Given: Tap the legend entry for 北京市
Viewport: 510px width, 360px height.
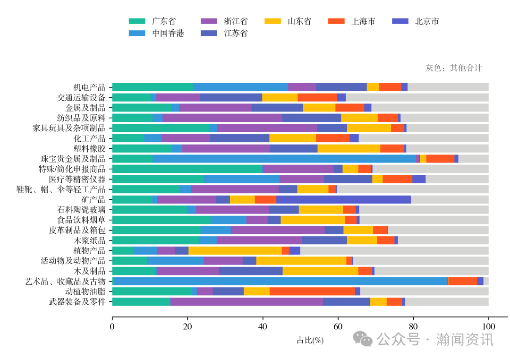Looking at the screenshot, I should pos(415,21).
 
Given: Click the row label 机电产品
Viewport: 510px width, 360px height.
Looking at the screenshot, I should pos(90,87).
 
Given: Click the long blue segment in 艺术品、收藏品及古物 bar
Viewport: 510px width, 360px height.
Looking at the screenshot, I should pos(281,281).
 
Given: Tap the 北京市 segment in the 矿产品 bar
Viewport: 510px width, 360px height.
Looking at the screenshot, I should pos(343,199).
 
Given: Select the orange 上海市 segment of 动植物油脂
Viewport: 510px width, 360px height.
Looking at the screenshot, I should pos(312,291).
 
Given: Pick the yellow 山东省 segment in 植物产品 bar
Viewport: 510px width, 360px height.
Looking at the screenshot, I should pos(235,250).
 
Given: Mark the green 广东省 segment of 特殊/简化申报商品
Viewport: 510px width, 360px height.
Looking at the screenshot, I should pos(187,169).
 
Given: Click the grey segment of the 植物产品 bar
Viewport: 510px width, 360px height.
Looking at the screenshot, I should pos(394,250).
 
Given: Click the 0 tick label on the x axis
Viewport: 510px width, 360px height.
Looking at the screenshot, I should pos(112,326).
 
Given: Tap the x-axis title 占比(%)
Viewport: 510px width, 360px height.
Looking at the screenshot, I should pos(310,340).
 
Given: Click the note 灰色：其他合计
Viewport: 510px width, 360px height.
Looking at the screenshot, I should pos(454,68).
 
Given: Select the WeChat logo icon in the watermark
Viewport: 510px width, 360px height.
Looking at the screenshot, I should pos(363,338).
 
